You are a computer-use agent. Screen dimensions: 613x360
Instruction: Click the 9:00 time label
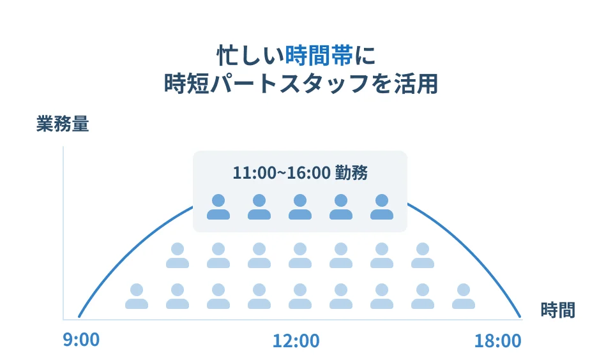click(x=81, y=340)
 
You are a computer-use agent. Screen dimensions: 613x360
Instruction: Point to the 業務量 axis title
click(x=62, y=124)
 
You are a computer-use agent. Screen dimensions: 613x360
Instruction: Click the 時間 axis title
click(x=557, y=311)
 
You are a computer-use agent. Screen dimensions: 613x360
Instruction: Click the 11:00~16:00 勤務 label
click(x=299, y=172)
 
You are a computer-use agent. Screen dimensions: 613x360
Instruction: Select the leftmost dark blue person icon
click(x=218, y=207)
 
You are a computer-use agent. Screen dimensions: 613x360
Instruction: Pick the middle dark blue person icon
click(x=300, y=207)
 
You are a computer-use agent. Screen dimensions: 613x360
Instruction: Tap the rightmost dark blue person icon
click(x=382, y=207)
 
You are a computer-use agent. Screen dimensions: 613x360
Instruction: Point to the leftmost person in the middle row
click(x=178, y=255)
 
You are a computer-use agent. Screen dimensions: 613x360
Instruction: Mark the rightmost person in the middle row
click(x=423, y=255)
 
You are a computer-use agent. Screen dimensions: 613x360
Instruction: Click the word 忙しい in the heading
click(x=250, y=56)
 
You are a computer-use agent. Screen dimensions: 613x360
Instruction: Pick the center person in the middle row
click(x=300, y=255)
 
